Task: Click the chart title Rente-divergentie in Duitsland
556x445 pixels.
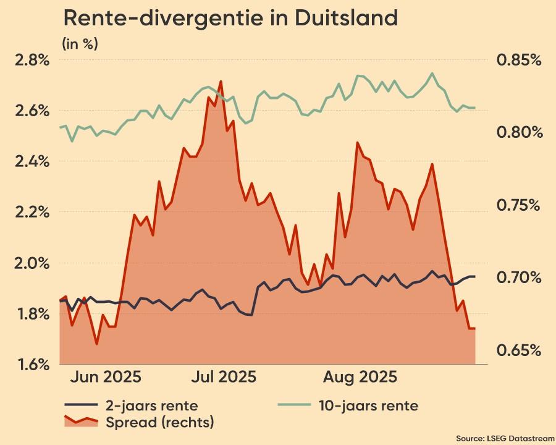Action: click(230, 19)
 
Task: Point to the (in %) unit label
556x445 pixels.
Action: click(80, 44)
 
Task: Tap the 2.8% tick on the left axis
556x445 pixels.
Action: click(32, 60)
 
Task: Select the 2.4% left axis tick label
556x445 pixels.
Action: click(32, 161)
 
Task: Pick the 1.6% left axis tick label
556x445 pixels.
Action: click(32, 365)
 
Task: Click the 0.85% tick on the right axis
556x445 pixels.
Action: click(519, 60)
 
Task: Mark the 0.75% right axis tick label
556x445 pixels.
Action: click(519, 205)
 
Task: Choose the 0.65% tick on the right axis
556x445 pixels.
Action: click(519, 350)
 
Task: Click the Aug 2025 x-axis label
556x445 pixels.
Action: click(361, 377)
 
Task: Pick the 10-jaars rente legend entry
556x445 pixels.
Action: click(368, 406)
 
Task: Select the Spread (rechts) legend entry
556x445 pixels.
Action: click(159, 423)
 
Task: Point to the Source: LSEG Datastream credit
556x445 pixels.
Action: click(505, 438)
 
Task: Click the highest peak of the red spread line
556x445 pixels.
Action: click(221, 82)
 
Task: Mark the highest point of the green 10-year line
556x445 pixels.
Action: click(432, 74)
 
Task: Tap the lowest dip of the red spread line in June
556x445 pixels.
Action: click(96, 344)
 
